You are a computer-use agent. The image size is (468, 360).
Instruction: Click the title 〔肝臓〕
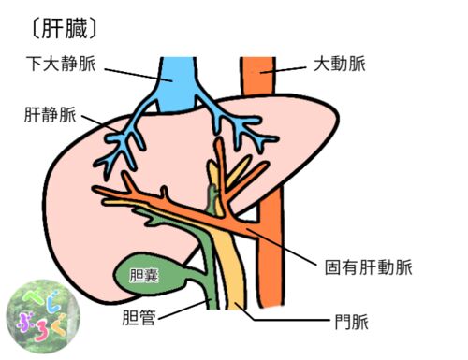[x=65, y=29]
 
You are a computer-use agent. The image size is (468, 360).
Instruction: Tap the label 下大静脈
[x=61, y=64]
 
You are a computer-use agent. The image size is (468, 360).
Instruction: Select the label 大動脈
[x=340, y=64]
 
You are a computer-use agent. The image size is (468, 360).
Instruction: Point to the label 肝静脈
[x=51, y=114]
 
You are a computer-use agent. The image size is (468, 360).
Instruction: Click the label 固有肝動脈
[x=369, y=267]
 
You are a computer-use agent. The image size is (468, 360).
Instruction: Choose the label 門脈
[x=352, y=322]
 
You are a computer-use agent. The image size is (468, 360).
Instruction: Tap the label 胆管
[x=139, y=318]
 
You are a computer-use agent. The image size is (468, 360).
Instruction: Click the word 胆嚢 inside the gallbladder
[x=144, y=276]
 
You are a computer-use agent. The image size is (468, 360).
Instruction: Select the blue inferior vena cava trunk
[x=177, y=84]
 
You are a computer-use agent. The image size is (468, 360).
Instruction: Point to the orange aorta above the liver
[x=257, y=76]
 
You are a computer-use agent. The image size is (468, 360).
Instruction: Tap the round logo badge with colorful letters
[x=43, y=316]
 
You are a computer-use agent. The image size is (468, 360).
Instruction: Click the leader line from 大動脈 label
[x=284, y=70]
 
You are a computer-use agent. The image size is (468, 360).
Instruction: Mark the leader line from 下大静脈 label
[x=139, y=75]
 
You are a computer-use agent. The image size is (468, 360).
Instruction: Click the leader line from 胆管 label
[x=184, y=310]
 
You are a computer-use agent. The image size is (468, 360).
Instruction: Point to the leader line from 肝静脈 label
[x=101, y=124]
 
